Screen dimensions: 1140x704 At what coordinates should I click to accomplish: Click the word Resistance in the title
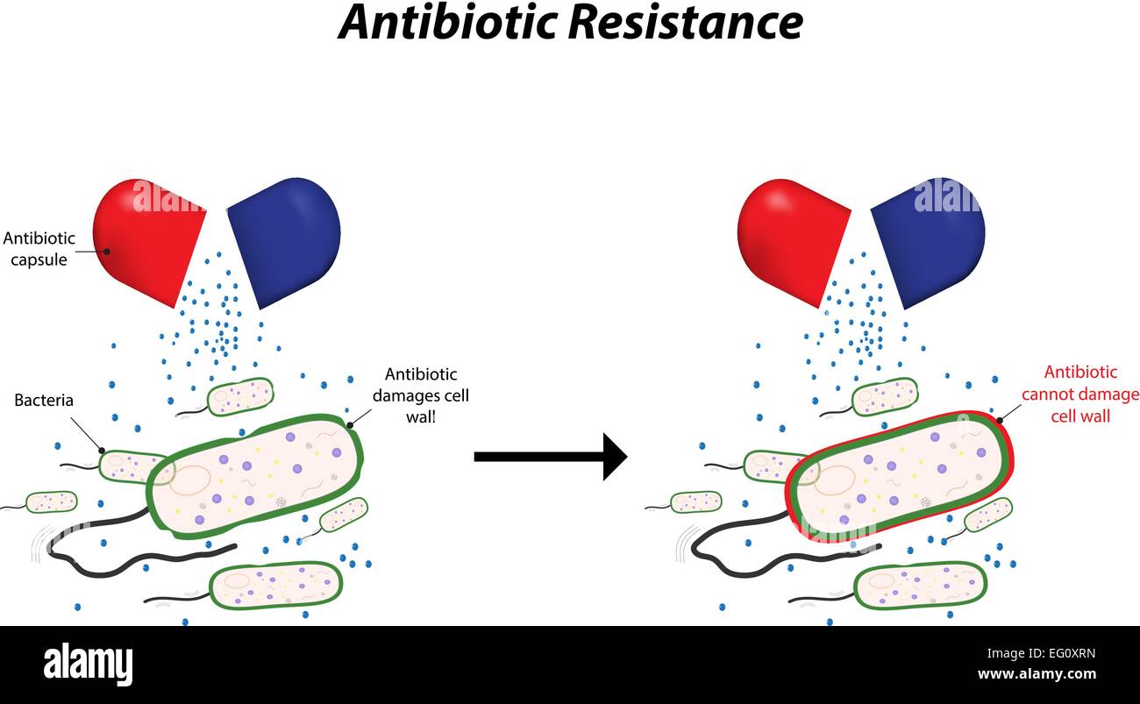pos(686,23)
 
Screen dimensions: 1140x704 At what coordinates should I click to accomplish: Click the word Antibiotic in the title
pos(449,23)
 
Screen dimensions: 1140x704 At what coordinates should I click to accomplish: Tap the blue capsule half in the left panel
pos(285,242)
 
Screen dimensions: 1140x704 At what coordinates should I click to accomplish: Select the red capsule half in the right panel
pos(793,242)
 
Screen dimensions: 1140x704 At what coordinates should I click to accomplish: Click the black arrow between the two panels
pos(551,457)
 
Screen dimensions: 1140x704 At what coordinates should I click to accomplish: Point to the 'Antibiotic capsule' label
pos(39,249)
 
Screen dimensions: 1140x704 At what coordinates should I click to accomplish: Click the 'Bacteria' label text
pos(44,401)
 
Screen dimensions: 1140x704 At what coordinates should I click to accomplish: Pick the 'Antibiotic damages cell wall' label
pos(421,395)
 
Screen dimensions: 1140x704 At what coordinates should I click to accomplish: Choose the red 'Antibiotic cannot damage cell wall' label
pos(1080,395)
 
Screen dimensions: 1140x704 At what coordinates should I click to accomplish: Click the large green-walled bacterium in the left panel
pos(255,477)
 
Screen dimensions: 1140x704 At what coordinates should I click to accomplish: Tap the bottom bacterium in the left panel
pos(276,586)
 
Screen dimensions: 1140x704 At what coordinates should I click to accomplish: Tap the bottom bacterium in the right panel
pos(921,586)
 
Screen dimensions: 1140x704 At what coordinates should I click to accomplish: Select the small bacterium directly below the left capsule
pos(240,397)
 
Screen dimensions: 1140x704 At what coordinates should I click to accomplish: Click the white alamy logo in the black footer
pos(88,665)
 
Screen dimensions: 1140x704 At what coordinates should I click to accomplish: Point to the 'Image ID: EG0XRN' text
pos(1041,653)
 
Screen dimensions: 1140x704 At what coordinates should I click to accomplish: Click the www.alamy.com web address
pos(1037,674)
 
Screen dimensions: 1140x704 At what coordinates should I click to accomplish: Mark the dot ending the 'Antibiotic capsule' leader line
pos(107,252)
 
